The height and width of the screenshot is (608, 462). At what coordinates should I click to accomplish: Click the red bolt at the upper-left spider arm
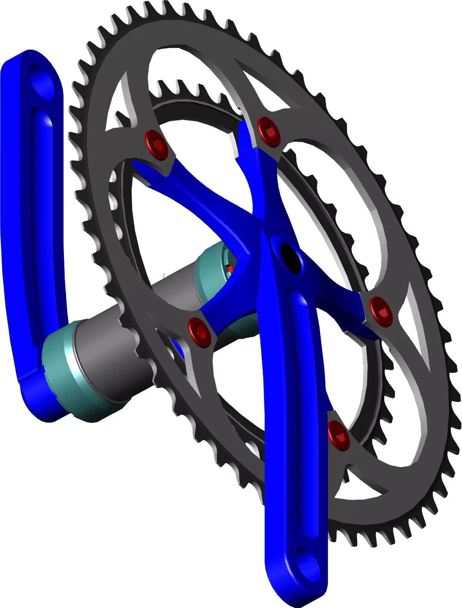(156, 145)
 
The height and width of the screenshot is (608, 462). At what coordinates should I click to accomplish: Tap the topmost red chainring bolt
(268, 131)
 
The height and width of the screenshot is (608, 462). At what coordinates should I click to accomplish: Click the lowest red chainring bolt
(339, 435)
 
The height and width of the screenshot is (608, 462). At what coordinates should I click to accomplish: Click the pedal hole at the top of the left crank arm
(42, 81)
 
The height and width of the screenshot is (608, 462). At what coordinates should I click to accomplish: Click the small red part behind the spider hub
(229, 268)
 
